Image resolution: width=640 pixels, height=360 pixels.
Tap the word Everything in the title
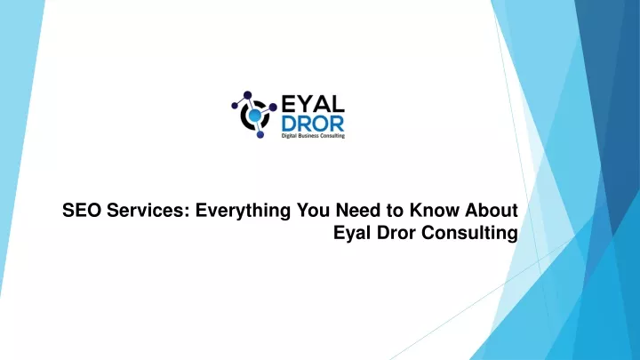[243, 212]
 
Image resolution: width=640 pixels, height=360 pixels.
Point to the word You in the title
[314, 211]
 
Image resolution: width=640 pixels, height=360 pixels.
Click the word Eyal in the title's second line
[353, 234]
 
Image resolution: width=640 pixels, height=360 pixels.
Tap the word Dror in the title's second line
[396, 233]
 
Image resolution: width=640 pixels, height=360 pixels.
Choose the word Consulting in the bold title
[469, 234]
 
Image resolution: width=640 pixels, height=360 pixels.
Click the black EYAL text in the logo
[313, 104]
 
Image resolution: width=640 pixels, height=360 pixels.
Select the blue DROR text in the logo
[313, 124]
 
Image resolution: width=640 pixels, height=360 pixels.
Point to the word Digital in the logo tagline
[289, 135]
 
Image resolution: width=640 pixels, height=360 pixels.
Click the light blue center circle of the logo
[255, 116]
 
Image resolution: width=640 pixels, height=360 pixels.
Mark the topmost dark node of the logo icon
[247, 95]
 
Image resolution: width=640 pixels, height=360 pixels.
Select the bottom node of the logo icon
[260, 134]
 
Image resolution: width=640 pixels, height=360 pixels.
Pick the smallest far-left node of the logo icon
[235, 106]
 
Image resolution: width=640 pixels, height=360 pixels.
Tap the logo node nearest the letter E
[273, 107]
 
